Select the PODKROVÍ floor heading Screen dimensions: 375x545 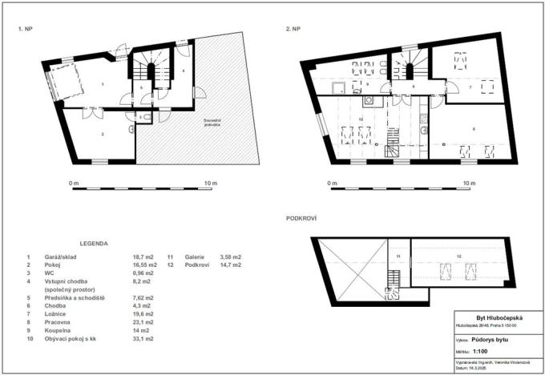301,217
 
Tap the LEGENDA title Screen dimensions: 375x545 95,242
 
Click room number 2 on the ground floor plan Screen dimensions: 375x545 102,134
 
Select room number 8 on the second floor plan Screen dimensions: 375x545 473,128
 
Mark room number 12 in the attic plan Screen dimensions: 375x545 458,256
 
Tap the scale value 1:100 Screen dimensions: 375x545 481,350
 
